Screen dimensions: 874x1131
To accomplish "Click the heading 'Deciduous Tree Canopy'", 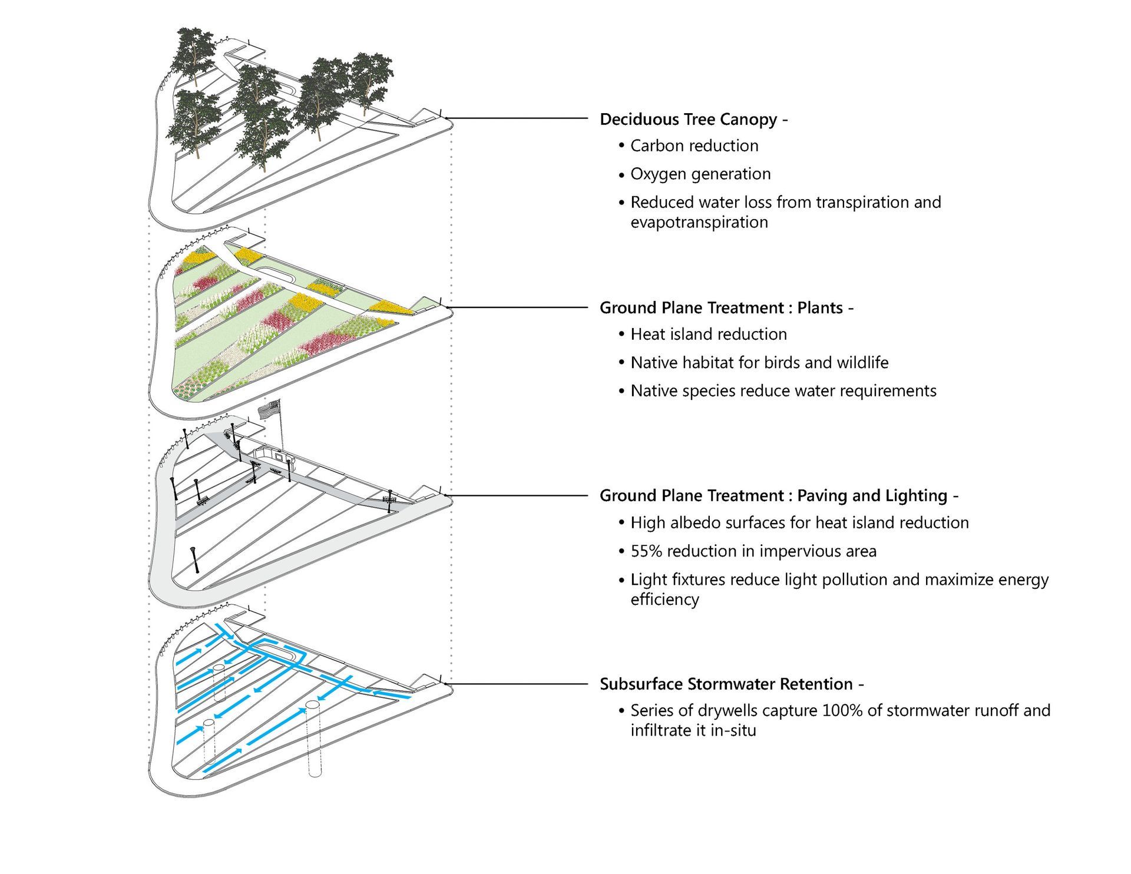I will pos(688,120).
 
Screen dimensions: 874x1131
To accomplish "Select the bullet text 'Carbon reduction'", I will pos(694,146).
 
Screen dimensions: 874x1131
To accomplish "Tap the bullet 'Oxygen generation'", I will pos(700,174).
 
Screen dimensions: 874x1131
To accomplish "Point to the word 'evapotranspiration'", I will pos(699,223).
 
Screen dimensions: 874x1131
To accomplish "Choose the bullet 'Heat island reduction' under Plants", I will pos(709,335).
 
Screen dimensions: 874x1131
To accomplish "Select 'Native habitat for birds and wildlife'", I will pos(759,363).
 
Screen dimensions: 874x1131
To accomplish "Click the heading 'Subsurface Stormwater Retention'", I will pos(726,684).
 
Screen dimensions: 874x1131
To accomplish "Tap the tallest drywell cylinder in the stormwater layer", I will pos(314,739).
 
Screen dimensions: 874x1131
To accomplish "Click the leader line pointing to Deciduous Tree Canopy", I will pos(518,118).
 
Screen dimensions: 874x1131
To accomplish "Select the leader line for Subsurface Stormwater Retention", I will pos(518,684).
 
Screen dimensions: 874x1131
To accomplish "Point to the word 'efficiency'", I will pos(664,600).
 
